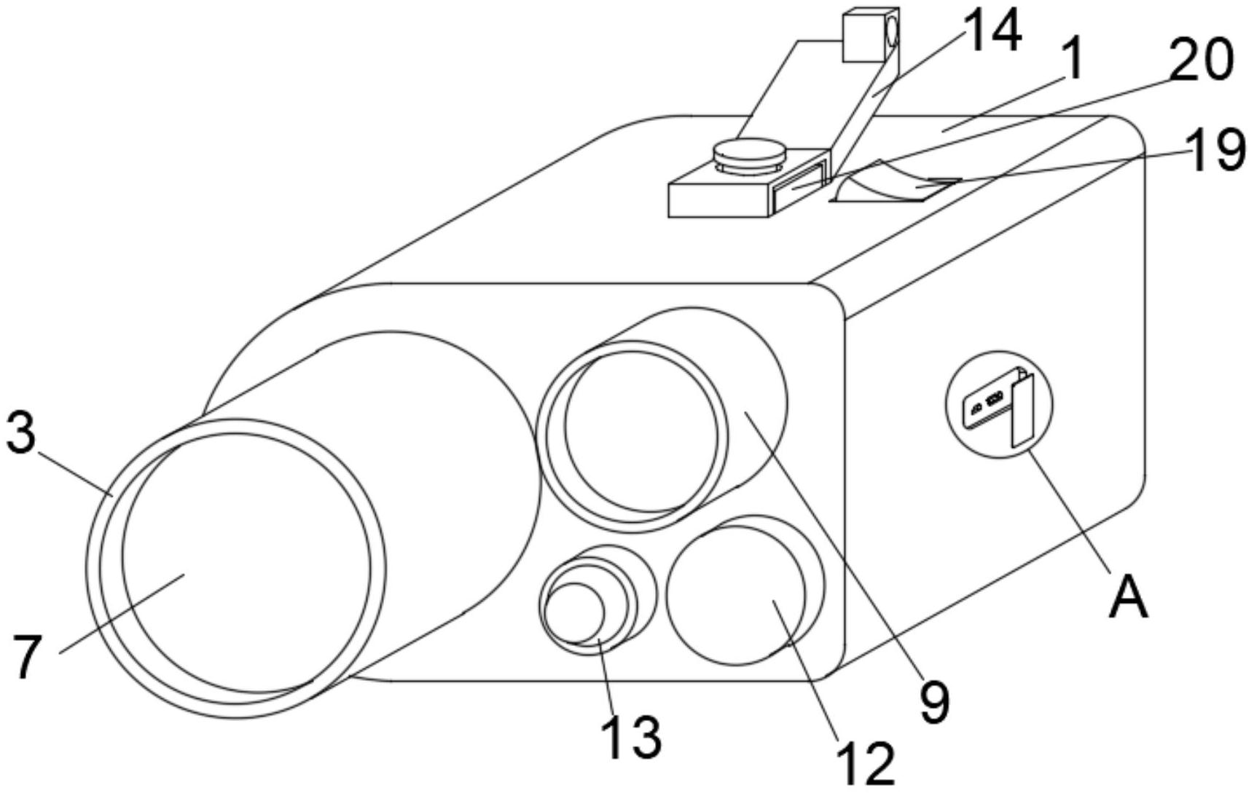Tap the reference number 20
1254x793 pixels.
tap(1201, 60)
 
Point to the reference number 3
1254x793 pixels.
tap(21, 435)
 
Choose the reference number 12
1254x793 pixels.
tap(865, 763)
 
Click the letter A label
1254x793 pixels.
tap(1128, 596)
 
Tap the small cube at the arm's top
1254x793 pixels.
tap(871, 35)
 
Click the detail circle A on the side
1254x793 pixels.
tap(1000, 404)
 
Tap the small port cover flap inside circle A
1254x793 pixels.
tap(1022, 412)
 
